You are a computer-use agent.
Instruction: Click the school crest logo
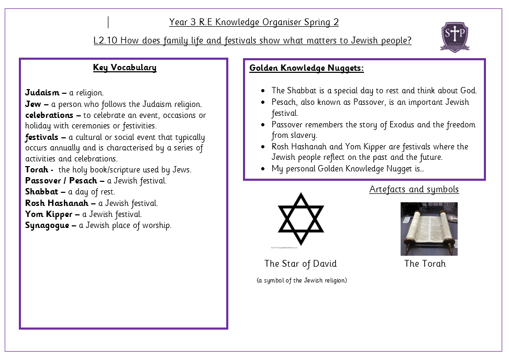pyautogui.click(x=455, y=36)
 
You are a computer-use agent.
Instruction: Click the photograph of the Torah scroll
pyautogui.click(x=429, y=229)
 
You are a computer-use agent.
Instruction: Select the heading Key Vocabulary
pyautogui.click(x=125, y=68)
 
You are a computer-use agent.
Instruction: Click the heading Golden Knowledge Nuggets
pyautogui.click(x=306, y=68)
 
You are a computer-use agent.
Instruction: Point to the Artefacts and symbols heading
pyautogui.click(x=414, y=189)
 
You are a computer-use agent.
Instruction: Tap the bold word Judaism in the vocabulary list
pyautogui.click(x=42, y=93)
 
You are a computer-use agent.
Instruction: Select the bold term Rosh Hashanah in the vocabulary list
pyautogui.click(x=57, y=203)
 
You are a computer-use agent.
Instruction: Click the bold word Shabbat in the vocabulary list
pyautogui.click(x=42, y=192)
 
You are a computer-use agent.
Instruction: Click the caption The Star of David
pyautogui.click(x=301, y=264)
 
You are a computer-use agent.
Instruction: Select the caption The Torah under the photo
pyautogui.click(x=425, y=264)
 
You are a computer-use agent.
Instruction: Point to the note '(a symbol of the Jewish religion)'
pyautogui.click(x=302, y=280)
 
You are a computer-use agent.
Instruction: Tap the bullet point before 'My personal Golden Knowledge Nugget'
pyautogui.click(x=263, y=169)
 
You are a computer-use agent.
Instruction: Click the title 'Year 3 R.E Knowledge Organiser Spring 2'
pyautogui.click(x=254, y=22)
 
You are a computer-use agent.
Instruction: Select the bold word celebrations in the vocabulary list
pyautogui.click(x=49, y=115)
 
